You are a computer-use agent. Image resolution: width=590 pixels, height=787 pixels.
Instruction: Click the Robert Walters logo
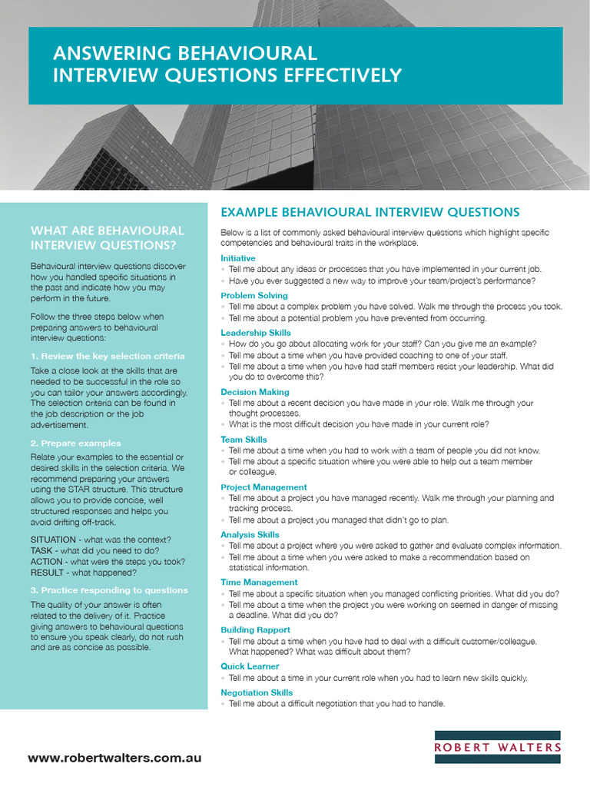[x=497, y=746]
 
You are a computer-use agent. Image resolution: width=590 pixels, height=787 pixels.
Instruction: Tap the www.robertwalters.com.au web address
[x=115, y=758]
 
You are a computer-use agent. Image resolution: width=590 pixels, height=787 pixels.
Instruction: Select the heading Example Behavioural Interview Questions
[x=370, y=212]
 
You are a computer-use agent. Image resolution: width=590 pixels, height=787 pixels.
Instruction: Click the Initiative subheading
[x=238, y=258]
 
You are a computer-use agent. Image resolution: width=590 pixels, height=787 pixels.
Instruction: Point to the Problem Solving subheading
[x=254, y=295]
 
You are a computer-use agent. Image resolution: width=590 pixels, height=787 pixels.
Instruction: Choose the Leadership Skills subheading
[x=256, y=333]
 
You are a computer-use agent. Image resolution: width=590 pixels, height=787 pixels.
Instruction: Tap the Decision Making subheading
[x=255, y=392]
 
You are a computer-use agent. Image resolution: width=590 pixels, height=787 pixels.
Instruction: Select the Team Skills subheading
[x=244, y=440]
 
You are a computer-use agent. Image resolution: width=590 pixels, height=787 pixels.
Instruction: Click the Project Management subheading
[x=264, y=487]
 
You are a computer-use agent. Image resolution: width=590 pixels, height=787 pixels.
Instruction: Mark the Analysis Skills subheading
[x=250, y=535]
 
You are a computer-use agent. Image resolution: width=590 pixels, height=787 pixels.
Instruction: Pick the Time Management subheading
[x=259, y=583]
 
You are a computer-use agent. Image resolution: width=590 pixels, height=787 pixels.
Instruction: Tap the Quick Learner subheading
[x=250, y=666]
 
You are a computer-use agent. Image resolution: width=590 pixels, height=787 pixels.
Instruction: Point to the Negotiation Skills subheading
[x=257, y=693]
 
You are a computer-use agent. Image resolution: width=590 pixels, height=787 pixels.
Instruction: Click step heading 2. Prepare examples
[x=75, y=443]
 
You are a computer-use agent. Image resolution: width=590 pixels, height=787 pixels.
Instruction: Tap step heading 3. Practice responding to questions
[x=108, y=590]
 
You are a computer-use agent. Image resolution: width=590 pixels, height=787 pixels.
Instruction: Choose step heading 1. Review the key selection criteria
[x=108, y=356]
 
